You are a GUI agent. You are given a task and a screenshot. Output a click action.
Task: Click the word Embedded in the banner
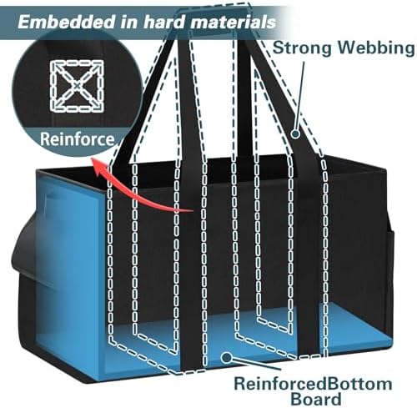point(66,23)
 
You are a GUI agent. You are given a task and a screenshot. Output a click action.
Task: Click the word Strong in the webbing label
point(302,49)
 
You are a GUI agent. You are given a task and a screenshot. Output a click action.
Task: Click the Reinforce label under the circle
point(77,139)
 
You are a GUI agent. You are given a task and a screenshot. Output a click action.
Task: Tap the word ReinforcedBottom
point(313,384)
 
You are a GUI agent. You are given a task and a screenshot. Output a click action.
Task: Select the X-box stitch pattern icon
point(77,86)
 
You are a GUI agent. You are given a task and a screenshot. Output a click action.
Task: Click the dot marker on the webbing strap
point(295,133)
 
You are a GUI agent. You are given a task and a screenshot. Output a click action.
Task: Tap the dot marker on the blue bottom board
point(227,357)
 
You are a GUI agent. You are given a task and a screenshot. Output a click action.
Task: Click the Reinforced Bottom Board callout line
point(255,363)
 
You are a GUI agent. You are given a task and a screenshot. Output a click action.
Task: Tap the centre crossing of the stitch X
point(77,86)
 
